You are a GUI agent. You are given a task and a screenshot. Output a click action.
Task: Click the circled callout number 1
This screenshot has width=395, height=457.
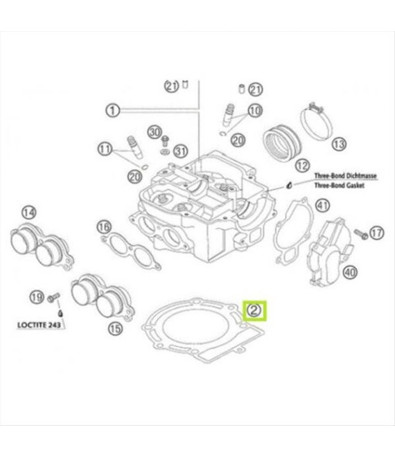(114, 109)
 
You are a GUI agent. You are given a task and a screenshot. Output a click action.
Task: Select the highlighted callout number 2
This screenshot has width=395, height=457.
(254, 310)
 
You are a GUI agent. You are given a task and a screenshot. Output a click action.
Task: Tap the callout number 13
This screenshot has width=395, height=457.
(338, 144)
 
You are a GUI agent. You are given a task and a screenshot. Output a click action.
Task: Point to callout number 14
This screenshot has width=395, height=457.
(29, 212)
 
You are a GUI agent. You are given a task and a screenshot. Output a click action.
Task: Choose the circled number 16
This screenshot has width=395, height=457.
(104, 227)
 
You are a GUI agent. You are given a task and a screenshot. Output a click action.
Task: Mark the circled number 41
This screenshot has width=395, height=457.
(322, 205)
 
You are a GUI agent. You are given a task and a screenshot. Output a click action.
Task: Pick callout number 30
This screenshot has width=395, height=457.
(155, 132)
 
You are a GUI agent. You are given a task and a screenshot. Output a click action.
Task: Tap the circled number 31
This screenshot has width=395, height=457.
(181, 150)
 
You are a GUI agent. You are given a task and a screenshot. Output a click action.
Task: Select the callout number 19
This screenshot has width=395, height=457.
(35, 297)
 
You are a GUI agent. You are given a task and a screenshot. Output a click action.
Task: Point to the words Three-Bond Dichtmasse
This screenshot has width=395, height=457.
(345, 177)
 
